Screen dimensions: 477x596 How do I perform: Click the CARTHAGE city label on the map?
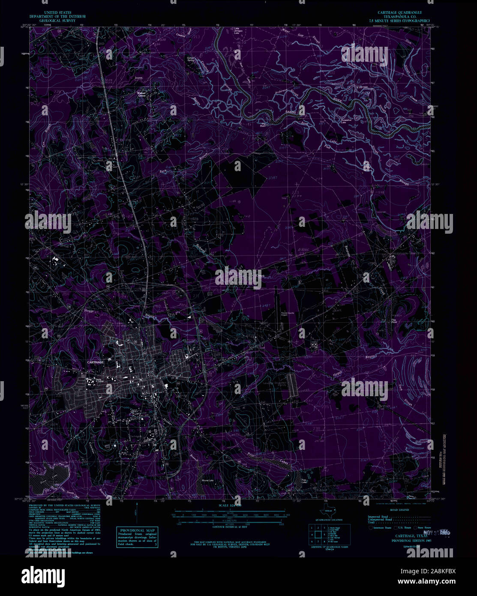[x=95, y=362]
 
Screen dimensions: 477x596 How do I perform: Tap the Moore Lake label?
[x=208, y=480]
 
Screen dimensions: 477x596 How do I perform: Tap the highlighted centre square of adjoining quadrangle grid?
[x=318, y=534]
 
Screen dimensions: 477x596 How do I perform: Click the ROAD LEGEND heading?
[x=397, y=510]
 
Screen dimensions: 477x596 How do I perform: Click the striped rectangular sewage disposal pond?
[x=293, y=384]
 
